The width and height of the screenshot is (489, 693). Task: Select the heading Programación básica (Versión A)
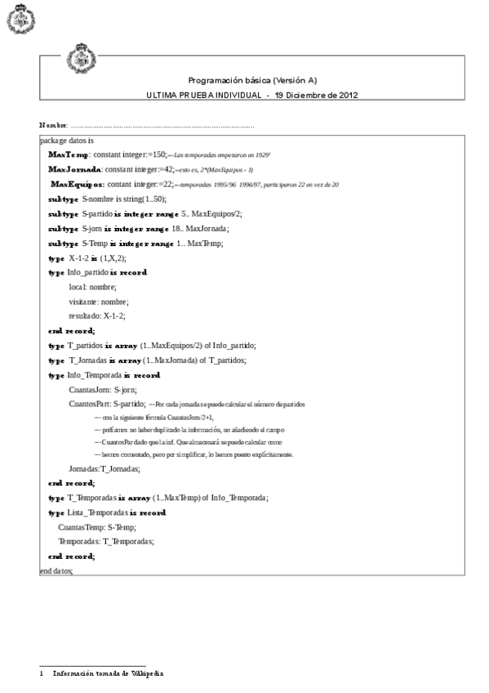[x=252, y=80]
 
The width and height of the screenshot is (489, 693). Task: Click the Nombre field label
[x=53, y=125]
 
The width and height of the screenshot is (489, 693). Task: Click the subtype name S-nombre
[x=101, y=199]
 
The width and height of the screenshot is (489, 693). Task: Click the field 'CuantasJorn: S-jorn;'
[x=102, y=389]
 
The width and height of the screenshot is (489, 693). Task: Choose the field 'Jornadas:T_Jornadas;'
[x=104, y=468]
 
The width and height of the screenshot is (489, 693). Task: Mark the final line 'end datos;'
[x=56, y=570]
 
